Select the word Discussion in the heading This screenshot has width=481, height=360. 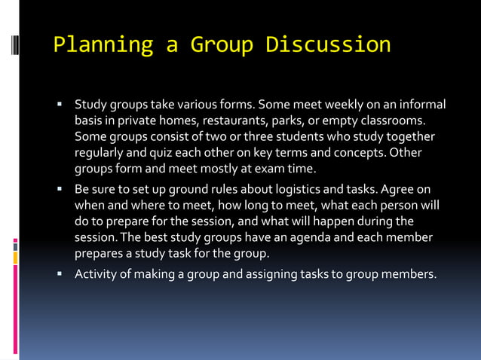[x=328, y=44]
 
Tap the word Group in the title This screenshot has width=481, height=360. [x=222, y=44]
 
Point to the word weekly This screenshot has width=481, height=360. [x=326, y=104]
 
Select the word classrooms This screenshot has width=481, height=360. [x=385, y=121]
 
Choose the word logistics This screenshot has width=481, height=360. [x=296, y=188]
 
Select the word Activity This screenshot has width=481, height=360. [x=97, y=274]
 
